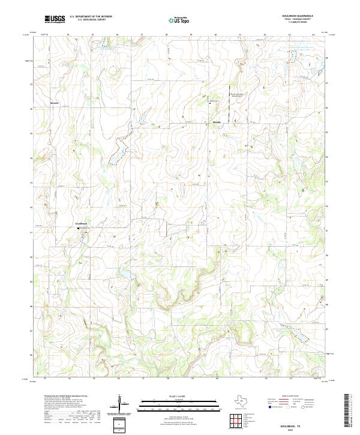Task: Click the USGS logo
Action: point(55,20)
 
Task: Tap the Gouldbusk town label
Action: point(82,224)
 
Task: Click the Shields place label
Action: point(218,122)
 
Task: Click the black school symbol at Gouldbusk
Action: point(77,228)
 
